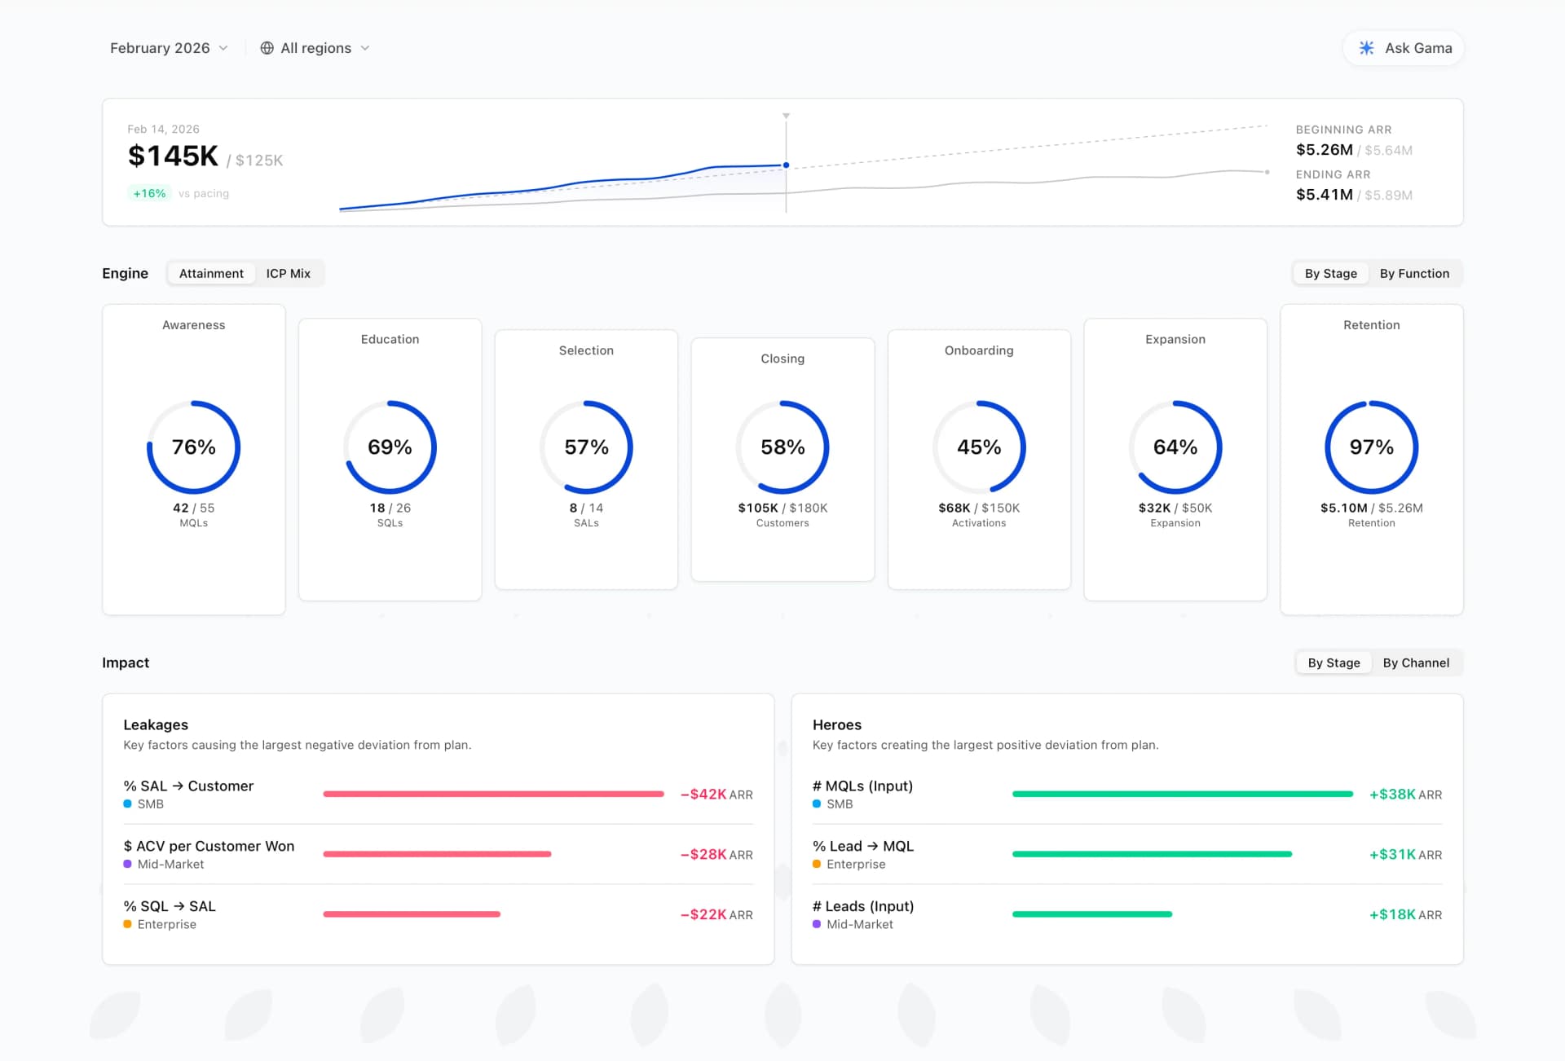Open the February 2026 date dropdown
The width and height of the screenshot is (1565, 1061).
pyautogui.click(x=168, y=48)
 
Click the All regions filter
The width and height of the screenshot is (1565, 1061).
pyautogui.click(x=315, y=48)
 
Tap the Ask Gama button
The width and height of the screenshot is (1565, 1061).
pyautogui.click(x=1404, y=48)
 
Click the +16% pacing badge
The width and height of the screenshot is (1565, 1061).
pyautogui.click(x=149, y=194)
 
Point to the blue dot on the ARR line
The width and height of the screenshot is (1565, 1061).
pyautogui.click(x=786, y=165)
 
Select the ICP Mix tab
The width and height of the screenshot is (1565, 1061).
pyautogui.click(x=288, y=274)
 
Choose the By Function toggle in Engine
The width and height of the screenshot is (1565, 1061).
pyautogui.click(x=1413, y=274)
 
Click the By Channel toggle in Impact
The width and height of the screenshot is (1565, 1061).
pyautogui.click(x=1415, y=663)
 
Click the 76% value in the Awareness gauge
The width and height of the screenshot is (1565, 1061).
pyautogui.click(x=194, y=447)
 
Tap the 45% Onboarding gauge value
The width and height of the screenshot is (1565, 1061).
pyautogui.click(x=979, y=447)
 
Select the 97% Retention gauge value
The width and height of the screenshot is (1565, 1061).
pyautogui.click(x=1371, y=447)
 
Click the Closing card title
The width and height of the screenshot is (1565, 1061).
pyautogui.click(x=782, y=359)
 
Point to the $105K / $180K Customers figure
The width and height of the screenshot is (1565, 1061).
pyautogui.click(x=782, y=508)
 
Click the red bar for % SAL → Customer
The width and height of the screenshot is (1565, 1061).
pyautogui.click(x=493, y=794)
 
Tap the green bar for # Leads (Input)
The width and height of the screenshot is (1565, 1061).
pyautogui.click(x=1092, y=914)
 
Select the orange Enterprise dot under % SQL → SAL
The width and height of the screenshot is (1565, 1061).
pyautogui.click(x=128, y=924)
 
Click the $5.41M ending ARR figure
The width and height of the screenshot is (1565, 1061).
pyautogui.click(x=1324, y=195)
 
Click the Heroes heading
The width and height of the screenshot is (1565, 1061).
pyautogui.click(x=836, y=725)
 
